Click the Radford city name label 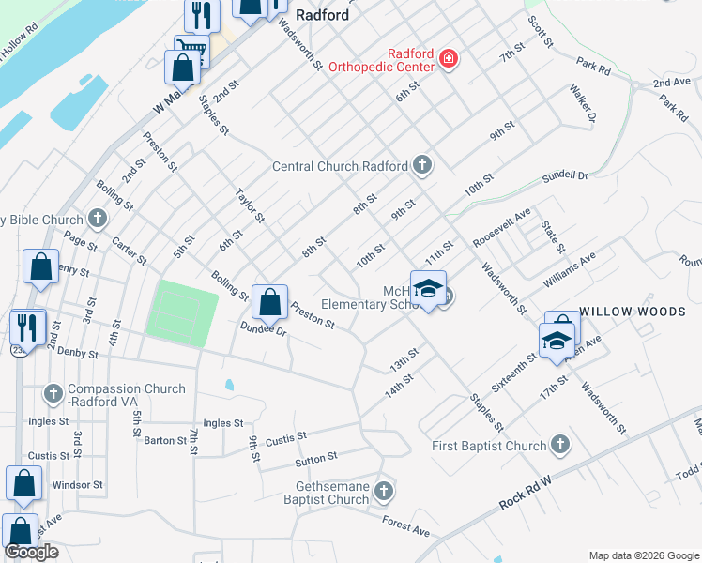tap(322, 15)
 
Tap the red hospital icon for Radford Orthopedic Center tap(449, 60)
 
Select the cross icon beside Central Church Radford tap(422, 166)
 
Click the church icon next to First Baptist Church tap(560, 446)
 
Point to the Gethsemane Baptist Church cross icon tap(383, 491)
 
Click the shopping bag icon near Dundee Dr tap(269, 303)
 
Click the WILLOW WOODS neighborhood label tap(632, 311)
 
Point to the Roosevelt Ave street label tap(502, 227)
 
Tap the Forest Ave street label tap(405, 525)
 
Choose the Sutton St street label tap(316, 457)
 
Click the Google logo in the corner tap(32, 552)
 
